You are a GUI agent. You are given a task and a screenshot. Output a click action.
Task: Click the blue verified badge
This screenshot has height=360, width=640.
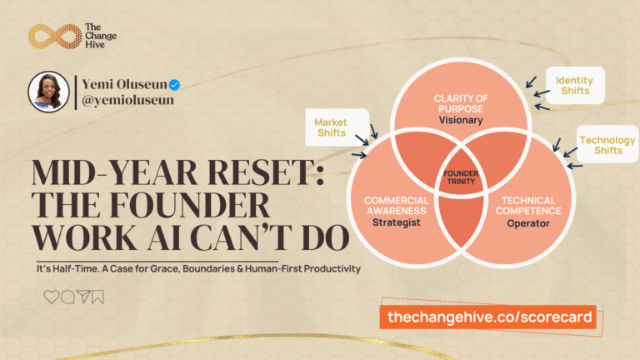tap(176, 85)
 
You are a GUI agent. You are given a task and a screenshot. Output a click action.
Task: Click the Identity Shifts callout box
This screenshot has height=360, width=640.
tap(574, 85)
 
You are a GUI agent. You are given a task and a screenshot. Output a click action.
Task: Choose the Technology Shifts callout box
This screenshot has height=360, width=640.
tap(607, 145)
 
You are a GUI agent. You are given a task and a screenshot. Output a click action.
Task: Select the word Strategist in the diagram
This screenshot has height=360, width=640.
tap(396, 222)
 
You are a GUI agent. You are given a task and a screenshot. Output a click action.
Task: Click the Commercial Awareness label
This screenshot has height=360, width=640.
tap(396, 205)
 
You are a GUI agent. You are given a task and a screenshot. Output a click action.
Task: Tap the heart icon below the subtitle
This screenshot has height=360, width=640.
tap(52, 297)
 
